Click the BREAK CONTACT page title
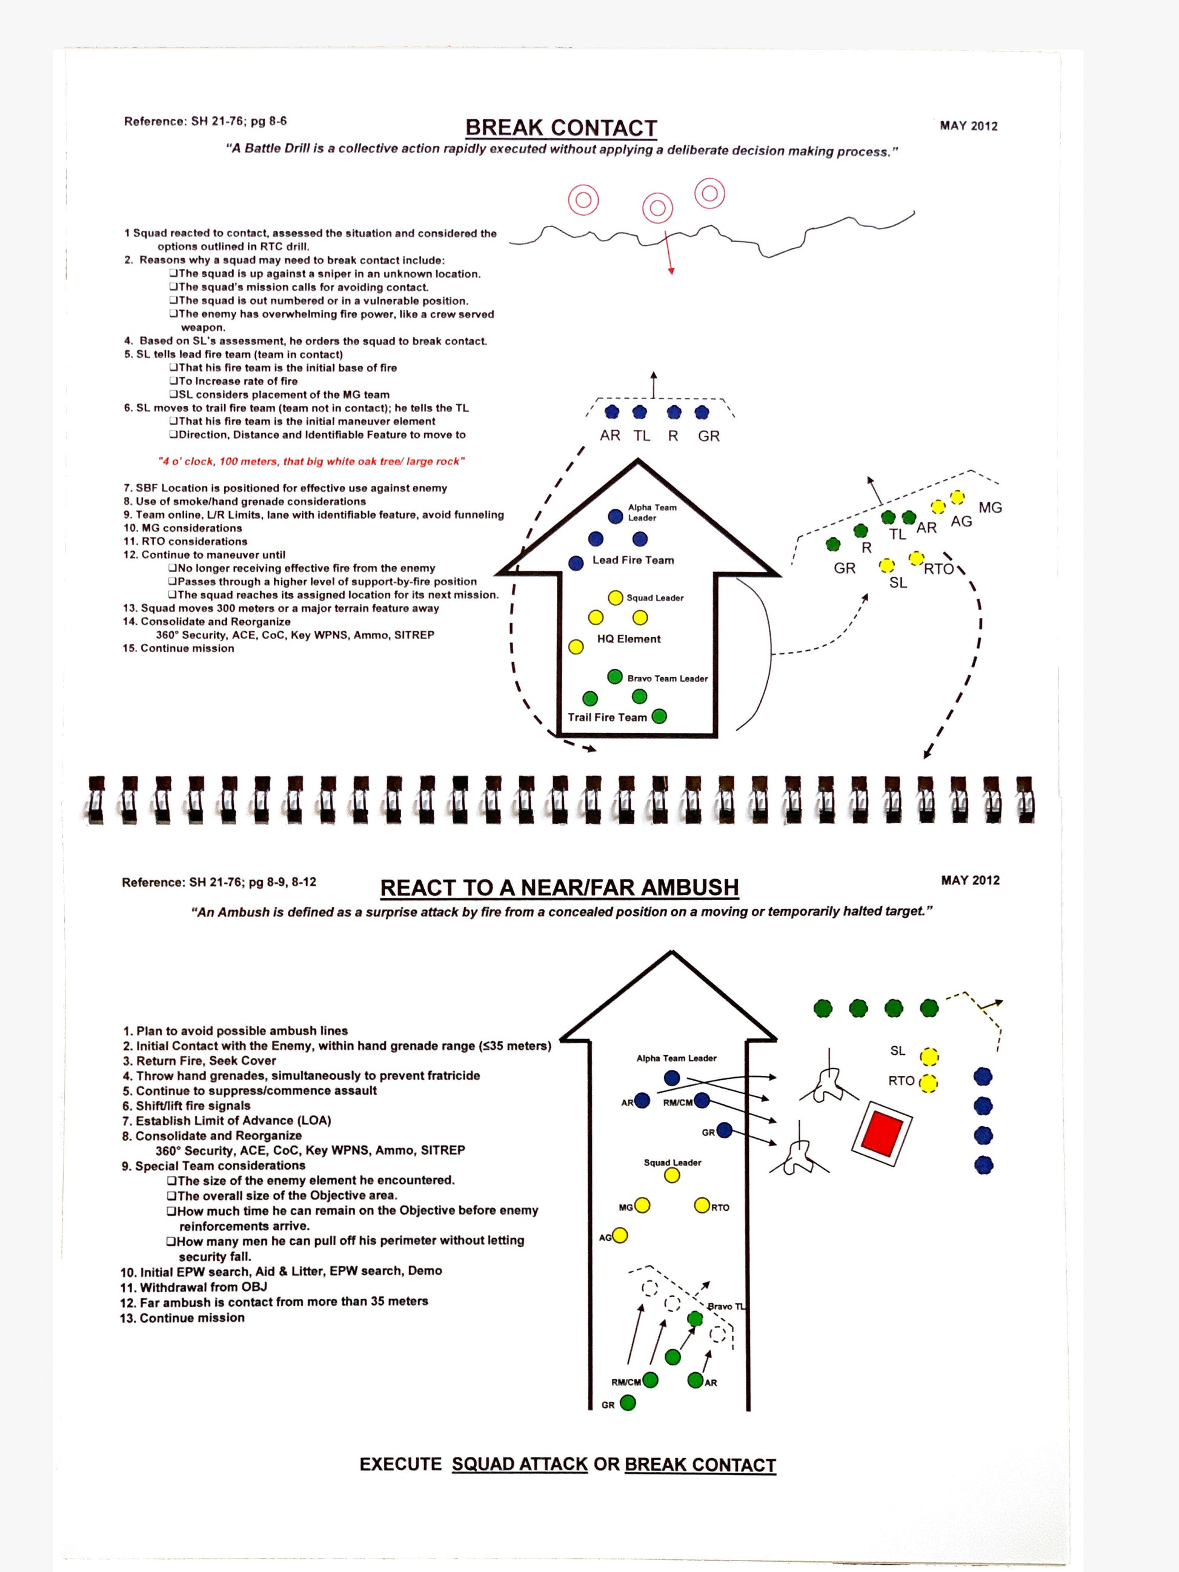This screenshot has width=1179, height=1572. [x=560, y=128]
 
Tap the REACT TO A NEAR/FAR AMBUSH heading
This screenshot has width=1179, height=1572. [x=559, y=887]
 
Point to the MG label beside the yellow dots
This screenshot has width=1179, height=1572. [x=990, y=508]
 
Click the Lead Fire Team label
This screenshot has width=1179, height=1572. [x=633, y=560]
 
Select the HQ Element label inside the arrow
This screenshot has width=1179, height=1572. [x=628, y=639]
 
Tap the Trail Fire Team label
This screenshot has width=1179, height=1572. [x=607, y=717]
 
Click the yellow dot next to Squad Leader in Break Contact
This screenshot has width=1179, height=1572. [x=616, y=598]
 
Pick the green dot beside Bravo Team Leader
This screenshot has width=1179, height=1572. [x=616, y=677]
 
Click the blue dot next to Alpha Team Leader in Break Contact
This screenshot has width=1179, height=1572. [x=616, y=516]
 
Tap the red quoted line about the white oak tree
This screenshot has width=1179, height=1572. [x=311, y=461]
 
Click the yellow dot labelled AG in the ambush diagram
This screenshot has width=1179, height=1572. [x=620, y=1236]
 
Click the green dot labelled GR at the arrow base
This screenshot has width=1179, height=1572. [x=628, y=1403]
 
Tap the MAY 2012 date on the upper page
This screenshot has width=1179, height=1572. [x=968, y=126]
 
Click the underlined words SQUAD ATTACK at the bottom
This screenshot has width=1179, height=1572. [x=519, y=1464]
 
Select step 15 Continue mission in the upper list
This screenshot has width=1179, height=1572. [x=178, y=648]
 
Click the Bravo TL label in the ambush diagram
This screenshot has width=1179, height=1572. [x=726, y=1306]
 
